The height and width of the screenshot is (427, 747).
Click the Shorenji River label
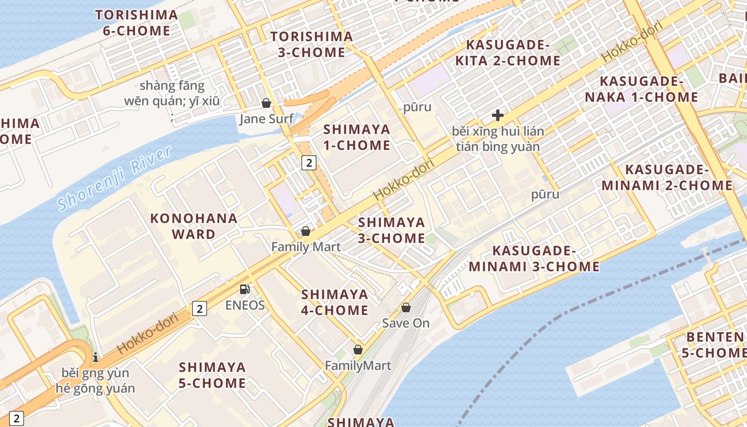pyautogui.click(x=115, y=178)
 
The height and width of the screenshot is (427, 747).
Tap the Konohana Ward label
pyautogui.click(x=194, y=226)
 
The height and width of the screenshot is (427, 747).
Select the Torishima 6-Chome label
pyautogui.click(x=137, y=23)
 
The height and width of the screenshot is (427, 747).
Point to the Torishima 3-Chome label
pyautogui.click(x=312, y=44)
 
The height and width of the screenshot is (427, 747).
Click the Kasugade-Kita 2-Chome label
pyautogui.click(x=507, y=52)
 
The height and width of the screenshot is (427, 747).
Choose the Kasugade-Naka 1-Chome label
pyautogui.click(x=641, y=89)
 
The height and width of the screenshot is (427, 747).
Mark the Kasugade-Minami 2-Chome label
pyautogui.click(x=667, y=178)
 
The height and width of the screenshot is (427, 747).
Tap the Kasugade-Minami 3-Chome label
pyautogui.click(x=534, y=258)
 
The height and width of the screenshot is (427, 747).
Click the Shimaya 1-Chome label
pyautogui.click(x=357, y=137)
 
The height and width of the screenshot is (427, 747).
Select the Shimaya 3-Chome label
pyautogui.click(x=392, y=230)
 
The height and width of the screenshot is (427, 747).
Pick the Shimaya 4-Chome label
pyautogui.click(x=335, y=302)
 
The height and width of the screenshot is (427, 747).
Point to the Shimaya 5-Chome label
pyautogui.click(x=212, y=375)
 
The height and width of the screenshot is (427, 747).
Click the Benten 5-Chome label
pyautogui.click(x=716, y=345)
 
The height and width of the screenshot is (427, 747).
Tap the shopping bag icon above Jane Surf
pyautogui.click(x=266, y=103)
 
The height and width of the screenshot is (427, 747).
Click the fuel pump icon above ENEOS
pyautogui.click(x=244, y=289)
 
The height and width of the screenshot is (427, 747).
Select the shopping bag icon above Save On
pyautogui.click(x=406, y=307)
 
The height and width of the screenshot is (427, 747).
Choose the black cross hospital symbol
pyautogui.click(x=497, y=115)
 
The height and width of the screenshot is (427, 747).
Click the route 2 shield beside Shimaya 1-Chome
pyautogui.click(x=309, y=162)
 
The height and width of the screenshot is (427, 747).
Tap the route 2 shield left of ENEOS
pyautogui.click(x=199, y=308)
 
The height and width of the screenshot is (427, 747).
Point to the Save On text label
pyautogui.click(x=406, y=323)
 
